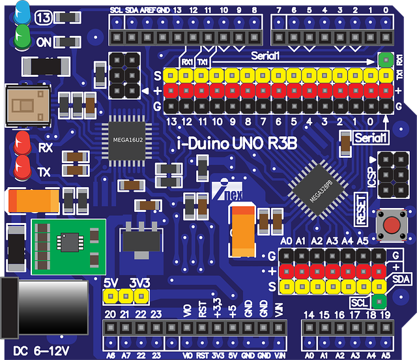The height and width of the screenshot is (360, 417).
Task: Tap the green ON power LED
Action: click(22, 37)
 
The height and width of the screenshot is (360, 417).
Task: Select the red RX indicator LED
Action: click(22, 143)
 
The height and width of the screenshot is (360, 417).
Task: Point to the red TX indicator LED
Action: click(22, 168)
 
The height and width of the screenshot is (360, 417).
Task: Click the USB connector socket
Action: click(28, 106)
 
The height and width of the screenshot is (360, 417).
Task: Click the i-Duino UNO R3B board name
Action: click(237, 143)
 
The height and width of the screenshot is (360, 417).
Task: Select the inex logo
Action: click(227, 190)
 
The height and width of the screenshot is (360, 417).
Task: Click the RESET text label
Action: click(361, 209)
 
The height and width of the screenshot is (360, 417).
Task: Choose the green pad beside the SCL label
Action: click(379, 302)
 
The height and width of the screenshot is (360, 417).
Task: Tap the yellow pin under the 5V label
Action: click(110, 296)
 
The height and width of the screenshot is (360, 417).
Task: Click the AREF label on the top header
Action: click(148, 10)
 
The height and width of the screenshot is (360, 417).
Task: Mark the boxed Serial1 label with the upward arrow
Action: click(370, 138)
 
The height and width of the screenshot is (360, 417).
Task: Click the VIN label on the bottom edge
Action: click(280, 355)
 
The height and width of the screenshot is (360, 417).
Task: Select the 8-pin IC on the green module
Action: click(70, 242)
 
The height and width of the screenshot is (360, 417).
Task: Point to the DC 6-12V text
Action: click(41, 351)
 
